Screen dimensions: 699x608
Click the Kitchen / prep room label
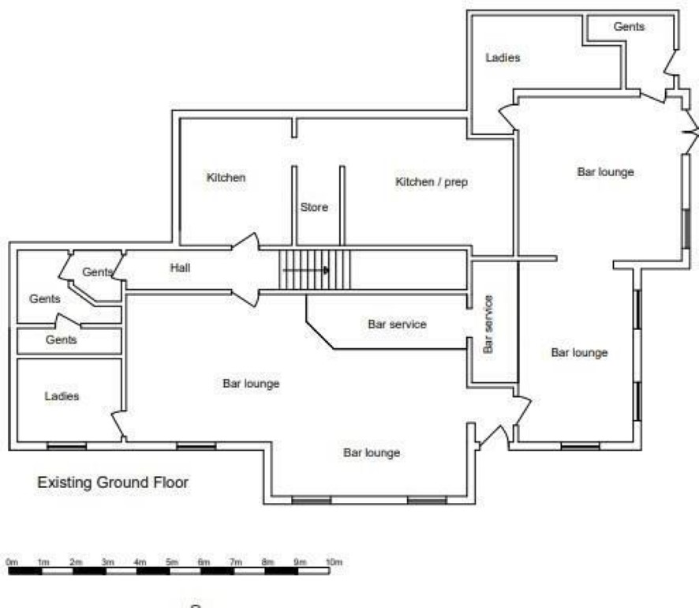(432, 182)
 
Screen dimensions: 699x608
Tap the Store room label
(314, 207)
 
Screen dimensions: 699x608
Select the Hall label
(180, 268)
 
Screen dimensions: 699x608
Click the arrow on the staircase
(306, 270)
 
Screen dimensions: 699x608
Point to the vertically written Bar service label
(488, 325)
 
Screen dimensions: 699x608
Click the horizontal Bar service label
(397, 325)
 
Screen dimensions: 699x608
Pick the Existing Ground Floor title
(113, 482)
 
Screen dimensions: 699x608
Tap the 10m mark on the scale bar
(334, 562)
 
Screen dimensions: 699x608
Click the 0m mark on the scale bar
(12, 562)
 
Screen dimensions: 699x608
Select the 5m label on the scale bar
(172, 562)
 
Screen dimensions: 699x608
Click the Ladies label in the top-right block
(503, 58)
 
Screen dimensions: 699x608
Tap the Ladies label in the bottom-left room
(62, 396)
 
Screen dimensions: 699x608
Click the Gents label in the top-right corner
(629, 27)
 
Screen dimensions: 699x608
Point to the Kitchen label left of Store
(226, 178)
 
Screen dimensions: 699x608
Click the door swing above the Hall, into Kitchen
(245, 242)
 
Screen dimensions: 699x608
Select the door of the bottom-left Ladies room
(118, 426)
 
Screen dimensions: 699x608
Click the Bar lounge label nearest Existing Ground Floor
(251, 384)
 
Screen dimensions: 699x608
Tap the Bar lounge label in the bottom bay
(372, 452)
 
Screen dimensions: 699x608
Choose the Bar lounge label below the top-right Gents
(605, 172)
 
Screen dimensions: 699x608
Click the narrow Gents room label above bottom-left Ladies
(61, 340)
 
